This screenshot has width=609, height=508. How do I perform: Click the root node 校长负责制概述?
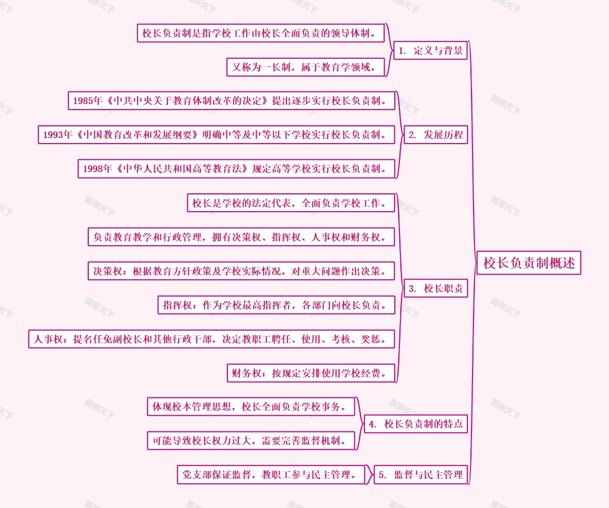pos(528,263)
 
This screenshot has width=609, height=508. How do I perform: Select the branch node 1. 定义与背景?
pos(430,50)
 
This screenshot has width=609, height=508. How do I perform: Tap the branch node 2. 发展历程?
pos(435,134)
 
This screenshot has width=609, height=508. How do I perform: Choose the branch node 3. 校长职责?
pos(435,288)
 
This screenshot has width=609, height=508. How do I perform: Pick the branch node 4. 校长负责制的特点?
pos(416,424)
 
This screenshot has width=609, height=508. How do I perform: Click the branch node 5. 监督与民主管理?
pos(421,475)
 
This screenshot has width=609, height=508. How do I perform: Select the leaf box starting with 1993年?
pos(216,134)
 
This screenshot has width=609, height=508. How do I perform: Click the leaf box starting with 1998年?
pos(236,168)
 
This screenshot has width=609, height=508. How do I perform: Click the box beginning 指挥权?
pos(276,304)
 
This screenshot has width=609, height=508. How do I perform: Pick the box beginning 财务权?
pos(311,373)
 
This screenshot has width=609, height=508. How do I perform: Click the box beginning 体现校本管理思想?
pos(251,407)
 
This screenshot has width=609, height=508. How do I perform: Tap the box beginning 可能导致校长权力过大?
pos(251,441)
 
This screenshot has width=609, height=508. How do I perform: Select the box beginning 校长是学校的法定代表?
pos(290,203)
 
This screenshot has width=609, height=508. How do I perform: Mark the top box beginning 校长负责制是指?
pos(260,33)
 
